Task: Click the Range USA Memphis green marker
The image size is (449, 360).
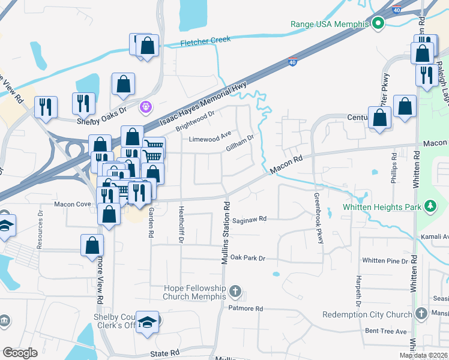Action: (x=378, y=24)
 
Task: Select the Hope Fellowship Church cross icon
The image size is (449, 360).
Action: (x=235, y=292)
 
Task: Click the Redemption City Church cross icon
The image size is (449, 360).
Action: (x=422, y=314)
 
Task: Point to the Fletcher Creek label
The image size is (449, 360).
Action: (x=206, y=41)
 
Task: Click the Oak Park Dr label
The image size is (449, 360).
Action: (x=247, y=258)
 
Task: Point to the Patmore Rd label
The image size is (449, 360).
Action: (x=246, y=308)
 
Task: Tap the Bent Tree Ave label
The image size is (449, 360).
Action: (x=386, y=331)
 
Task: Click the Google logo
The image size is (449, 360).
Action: (x=20, y=353)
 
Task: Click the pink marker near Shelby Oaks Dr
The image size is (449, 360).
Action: (x=145, y=107)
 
